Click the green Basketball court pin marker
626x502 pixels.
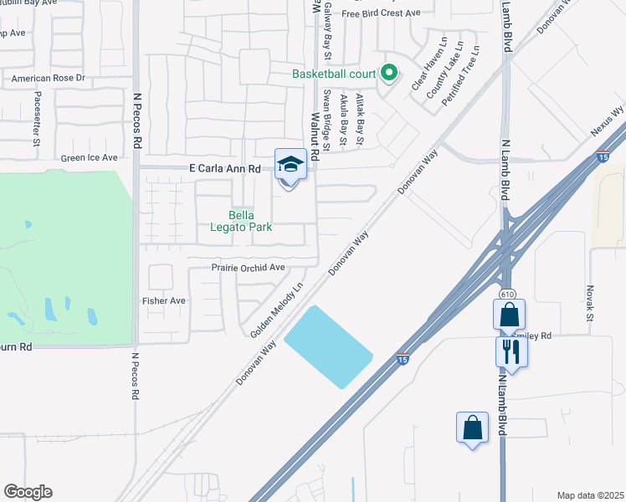pyautogui.click(x=388, y=73)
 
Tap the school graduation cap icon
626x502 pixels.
pyautogui.click(x=290, y=164)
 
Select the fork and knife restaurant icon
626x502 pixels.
pyautogui.click(x=511, y=351)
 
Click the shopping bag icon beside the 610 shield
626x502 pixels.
pyautogui.click(x=509, y=315)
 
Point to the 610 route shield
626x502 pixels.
pyautogui.click(x=507, y=295)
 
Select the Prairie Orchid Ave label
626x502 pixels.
pyautogui.click(x=249, y=268)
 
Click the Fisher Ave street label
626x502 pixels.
pyautogui.click(x=164, y=300)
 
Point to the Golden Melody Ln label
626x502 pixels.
pyautogui.click(x=277, y=310)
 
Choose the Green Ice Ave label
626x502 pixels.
pyautogui.click(x=90, y=157)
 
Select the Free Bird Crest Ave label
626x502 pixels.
pyautogui.click(x=381, y=13)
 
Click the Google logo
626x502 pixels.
pyautogui.click(x=28, y=492)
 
